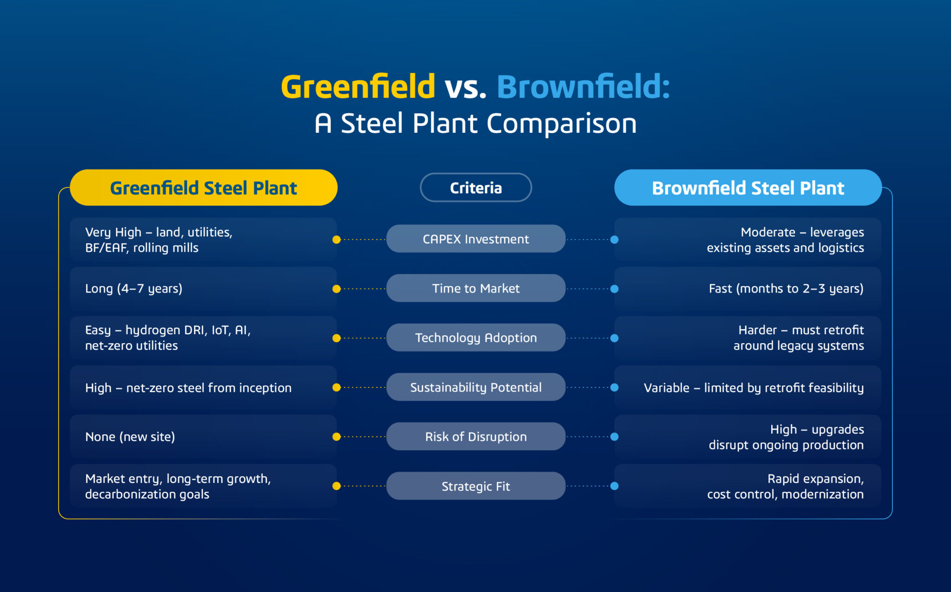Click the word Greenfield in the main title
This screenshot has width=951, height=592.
click(358, 87)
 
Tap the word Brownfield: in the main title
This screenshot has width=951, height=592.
click(584, 87)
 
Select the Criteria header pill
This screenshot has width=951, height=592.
click(476, 188)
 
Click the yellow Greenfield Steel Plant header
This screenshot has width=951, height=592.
click(203, 188)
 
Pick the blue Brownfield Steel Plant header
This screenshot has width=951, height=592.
click(748, 188)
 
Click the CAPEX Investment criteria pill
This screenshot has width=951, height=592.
click(476, 239)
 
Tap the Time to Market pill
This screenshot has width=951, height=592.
click(476, 288)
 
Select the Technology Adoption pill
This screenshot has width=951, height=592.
click(476, 338)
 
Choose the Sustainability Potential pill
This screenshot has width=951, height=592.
click(476, 387)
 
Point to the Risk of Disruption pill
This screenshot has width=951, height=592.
click(476, 436)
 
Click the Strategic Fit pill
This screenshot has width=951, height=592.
click(476, 486)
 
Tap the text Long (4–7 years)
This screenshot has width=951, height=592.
click(134, 289)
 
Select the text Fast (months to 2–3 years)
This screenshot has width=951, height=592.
click(786, 289)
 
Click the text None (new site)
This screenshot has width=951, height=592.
click(130, 437)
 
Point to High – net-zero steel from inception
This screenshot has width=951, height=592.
click(188, 388)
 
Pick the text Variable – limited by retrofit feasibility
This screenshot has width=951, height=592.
click(754, 388)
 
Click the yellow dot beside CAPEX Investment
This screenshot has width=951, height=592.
click(337, 240)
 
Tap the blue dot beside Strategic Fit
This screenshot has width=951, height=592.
click(614, 486)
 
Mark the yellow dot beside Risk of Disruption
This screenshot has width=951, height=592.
click(337, 437)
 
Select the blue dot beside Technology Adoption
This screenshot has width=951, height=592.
click(614, 338)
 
